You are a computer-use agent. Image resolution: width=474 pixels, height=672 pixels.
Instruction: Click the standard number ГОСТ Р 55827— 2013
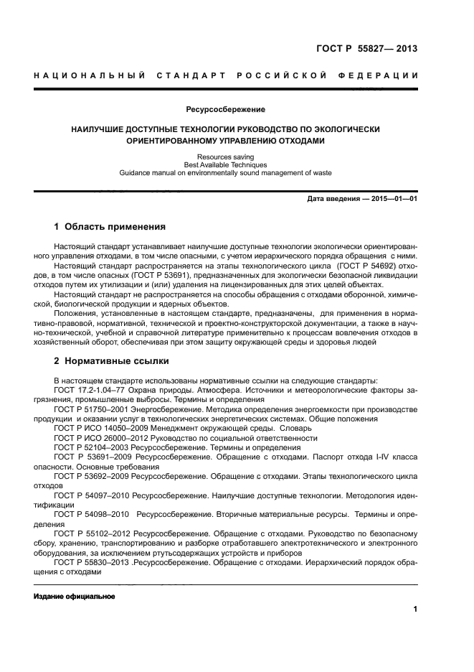pos(366,49)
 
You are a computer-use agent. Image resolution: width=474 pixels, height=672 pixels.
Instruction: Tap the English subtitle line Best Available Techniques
pos(225,164)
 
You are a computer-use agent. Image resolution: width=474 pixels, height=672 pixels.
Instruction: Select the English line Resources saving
pos(225,157)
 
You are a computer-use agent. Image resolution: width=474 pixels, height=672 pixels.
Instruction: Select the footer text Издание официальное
pos(74,597)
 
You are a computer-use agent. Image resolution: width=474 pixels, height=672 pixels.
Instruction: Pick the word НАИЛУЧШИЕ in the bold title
pos(99,129)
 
